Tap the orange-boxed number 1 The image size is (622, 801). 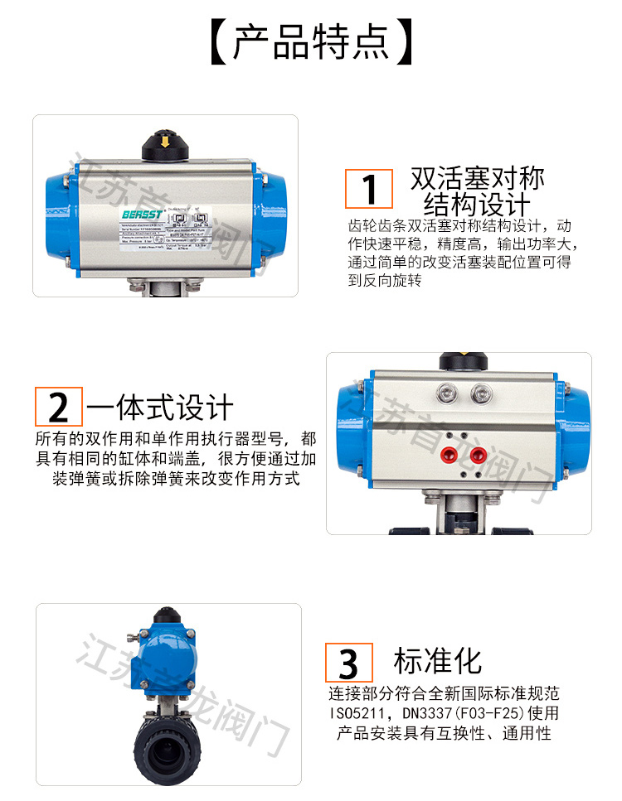click(369, 189)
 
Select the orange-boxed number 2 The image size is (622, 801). click(58, 407)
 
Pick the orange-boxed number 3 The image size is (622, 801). click(348, 663)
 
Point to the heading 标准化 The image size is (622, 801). click(437, 661)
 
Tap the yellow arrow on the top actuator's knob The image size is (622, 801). click(167, 142)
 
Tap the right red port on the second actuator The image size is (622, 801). click(478, 454)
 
